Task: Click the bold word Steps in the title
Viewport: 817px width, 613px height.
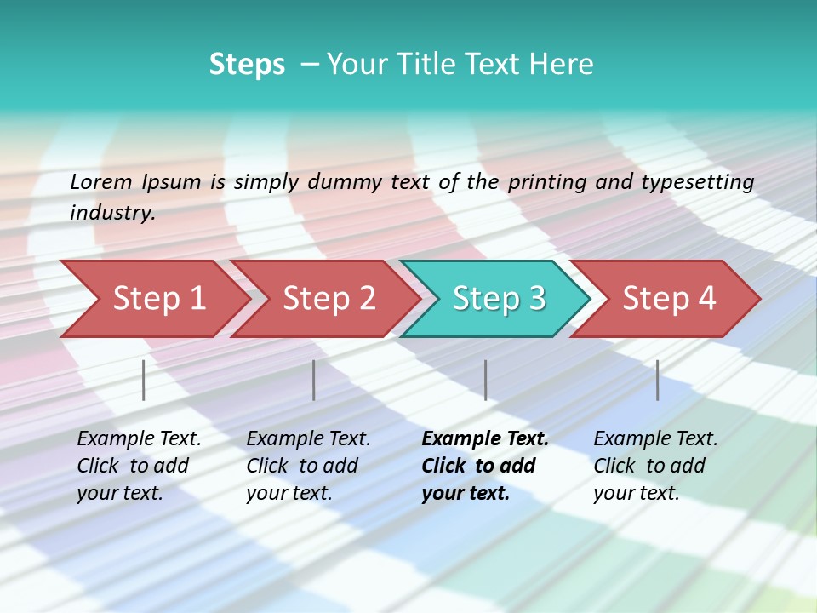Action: [x=247, y=65]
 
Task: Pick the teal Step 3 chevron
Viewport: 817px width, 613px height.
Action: [x=498, y=299]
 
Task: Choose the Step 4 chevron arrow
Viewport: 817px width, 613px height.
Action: [x=668, y=299]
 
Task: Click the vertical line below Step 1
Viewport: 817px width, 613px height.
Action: [x=144, y=380]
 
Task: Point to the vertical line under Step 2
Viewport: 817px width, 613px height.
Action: [x=314, y=380]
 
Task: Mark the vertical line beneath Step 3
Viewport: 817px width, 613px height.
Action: [x=485, y=380]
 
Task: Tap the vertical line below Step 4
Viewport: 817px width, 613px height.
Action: [x=657, y=380]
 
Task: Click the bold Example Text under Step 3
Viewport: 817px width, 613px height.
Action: [x=485, y=439]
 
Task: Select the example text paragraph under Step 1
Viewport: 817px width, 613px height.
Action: [x=139, y=466]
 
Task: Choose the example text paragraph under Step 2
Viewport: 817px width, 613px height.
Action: [x=308, y=466]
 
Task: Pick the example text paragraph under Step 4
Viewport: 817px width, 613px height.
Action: [x=655, y=466]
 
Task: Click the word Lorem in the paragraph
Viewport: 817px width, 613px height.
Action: [x=100, y=182]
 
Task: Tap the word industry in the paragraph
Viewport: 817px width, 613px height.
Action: [x=111, y=213]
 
